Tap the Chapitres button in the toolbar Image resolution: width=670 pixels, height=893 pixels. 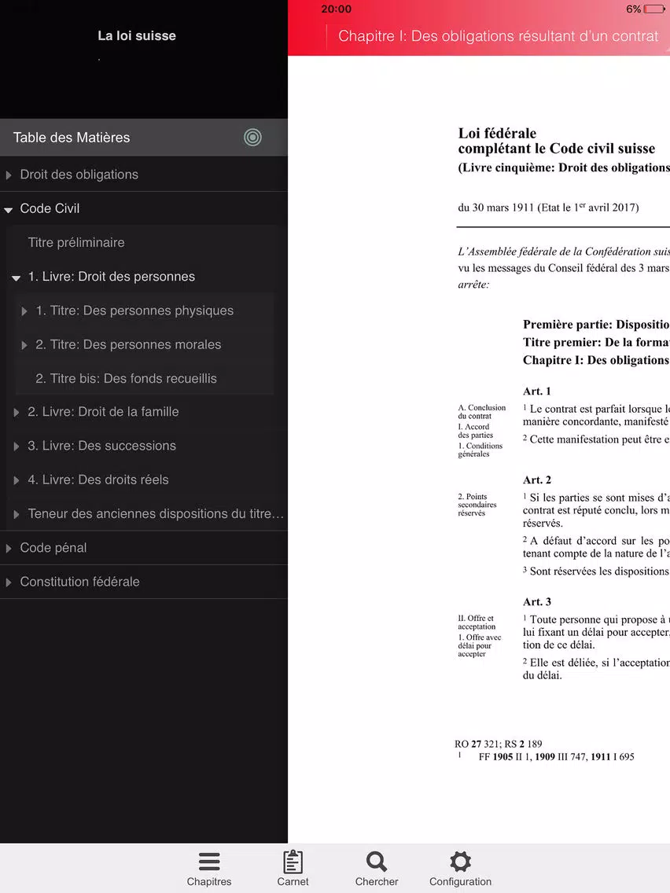point(209,868)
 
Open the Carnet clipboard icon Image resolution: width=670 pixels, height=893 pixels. point(293,862)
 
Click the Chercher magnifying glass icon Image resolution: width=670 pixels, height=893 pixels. point(377,862)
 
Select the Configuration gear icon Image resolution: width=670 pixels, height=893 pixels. point(460,862)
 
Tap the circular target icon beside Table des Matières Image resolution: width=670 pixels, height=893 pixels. point(252,138)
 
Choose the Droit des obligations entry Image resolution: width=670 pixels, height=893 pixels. point(79,175)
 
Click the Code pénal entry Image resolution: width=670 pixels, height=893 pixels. point(53,548)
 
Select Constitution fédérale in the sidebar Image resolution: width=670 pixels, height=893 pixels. point(79,582)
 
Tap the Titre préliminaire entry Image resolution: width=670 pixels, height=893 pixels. point(76,243)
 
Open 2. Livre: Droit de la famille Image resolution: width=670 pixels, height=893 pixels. point(103,412)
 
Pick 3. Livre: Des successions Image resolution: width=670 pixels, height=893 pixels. point(101,446)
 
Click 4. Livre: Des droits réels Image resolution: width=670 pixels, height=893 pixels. point(98,480)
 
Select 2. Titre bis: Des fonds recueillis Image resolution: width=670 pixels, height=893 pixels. point(126,378)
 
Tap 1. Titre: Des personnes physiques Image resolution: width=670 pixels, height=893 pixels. point(134,311)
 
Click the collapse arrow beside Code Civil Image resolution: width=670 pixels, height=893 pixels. point(9,209)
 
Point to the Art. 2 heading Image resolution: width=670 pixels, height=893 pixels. point(537,480)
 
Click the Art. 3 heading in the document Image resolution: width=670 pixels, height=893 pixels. point(537,602)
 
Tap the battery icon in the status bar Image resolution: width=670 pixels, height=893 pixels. point(654,9)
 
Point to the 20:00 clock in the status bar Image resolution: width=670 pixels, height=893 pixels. point(337,9)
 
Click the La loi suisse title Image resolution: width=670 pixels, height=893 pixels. point(137,35)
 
